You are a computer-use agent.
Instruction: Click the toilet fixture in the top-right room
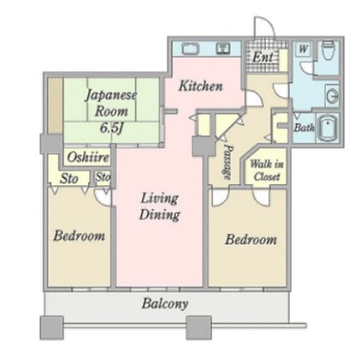[327, 49]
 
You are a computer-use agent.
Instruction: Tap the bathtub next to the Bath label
[328, 128]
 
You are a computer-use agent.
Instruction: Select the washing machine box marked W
[303, 49]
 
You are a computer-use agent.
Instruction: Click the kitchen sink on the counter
[190, 48]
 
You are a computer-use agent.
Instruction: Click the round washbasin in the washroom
[333, 95]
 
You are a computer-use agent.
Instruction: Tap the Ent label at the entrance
[262, 57]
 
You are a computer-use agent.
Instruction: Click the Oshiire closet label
[88, 157]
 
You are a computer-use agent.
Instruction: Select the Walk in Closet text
[267, 171]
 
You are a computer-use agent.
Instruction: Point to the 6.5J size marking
[111, 128]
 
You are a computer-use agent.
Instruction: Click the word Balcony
[165, 304]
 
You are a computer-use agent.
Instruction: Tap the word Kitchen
[201, 86]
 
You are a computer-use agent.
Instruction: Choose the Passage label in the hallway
[228, 161]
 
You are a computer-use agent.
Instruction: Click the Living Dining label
[159, 207]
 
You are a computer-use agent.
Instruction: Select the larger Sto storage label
[69, 178]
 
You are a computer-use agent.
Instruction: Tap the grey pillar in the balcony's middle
[199, 328]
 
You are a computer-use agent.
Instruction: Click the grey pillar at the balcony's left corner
[51, 328]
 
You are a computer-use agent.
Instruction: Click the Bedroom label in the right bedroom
[250, 239]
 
